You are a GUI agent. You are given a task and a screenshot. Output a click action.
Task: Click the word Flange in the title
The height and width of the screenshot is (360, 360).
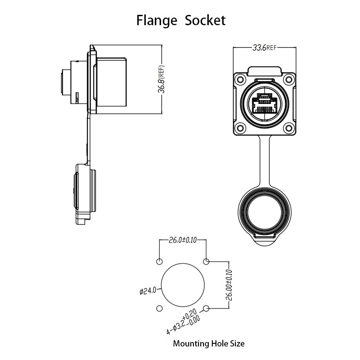(x=157, y=21)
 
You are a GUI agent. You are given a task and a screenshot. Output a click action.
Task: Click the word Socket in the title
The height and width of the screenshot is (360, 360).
(x=205, y=20)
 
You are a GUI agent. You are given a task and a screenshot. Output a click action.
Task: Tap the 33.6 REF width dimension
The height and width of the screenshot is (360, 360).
(x=265, y=48)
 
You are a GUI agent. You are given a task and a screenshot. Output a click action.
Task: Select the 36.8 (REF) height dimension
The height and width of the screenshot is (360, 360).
(x=162, y=79)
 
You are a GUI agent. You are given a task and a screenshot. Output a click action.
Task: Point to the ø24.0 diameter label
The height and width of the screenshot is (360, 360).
(x=148, y=291)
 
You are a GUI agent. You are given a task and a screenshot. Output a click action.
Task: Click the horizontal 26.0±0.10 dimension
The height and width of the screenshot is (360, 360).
(x=183, y=240)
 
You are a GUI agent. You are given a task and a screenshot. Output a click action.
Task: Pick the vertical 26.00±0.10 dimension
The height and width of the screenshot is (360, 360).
(x=229, y=285)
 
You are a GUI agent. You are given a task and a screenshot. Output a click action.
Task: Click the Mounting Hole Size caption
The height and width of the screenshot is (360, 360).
(x=209, y=343)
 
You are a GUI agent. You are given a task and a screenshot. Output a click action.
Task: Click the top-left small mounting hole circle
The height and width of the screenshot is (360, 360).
(x=159, y=261)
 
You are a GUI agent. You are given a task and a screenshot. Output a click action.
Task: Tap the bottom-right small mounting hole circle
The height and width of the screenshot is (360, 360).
(x=207, y=308)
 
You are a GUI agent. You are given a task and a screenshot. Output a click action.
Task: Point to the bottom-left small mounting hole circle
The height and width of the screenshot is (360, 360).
(x=159, y=308)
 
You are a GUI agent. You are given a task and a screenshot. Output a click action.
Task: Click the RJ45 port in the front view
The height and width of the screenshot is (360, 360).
(x=264, y=103)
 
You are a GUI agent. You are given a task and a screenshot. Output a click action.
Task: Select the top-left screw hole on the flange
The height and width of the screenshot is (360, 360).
(x=240, y=80)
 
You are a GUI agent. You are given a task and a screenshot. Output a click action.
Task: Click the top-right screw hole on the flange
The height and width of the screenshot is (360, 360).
(x=289, y=80)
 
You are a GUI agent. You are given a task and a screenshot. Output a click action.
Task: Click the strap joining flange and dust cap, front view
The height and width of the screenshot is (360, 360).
(x=265, y=161)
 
